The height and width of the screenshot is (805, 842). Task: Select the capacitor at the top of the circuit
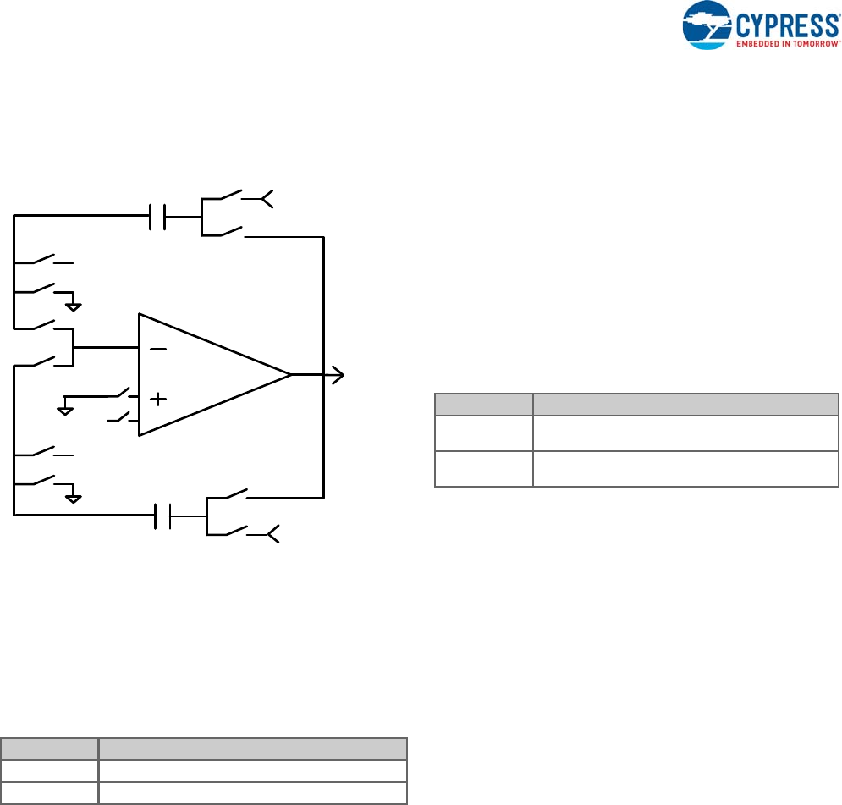click(x=157, y=216)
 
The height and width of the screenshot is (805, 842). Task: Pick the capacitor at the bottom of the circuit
click(x=162, y=516)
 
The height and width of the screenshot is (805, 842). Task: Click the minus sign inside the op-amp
click(x=157, y=349)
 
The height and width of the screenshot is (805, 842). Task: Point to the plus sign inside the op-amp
click(x=157, y=398)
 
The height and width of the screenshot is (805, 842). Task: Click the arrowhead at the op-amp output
click(x=338, y=375)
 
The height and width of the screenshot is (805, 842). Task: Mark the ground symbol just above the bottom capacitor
click(x=74, y=497)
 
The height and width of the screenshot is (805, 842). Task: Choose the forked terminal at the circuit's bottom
click(x=274, y=535)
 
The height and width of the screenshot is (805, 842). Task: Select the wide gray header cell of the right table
click(x=685, y=405)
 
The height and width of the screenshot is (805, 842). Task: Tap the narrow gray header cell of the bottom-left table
click(x=49, y=749)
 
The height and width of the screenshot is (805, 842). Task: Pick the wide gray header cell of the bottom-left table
click(x=253, y=749)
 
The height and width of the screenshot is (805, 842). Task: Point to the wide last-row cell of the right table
click(x=685, y=469)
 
